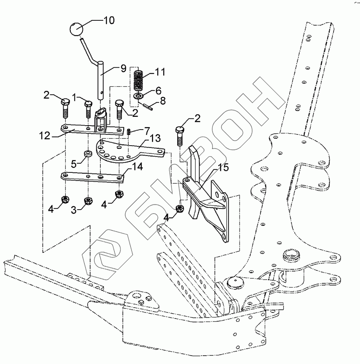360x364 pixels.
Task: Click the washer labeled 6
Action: [138, 96]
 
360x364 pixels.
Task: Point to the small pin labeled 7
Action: [129, 131]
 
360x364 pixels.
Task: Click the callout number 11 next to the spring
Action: [160, 72]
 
